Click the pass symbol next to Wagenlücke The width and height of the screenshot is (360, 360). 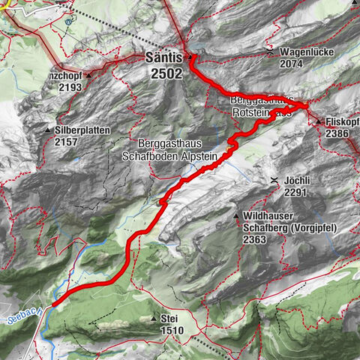point(270,53)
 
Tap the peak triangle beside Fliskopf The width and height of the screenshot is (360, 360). point(318,121)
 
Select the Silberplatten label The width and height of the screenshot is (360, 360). point(82,130)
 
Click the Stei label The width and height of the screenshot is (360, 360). point(169,318)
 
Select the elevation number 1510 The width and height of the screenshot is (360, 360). point(172,329)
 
